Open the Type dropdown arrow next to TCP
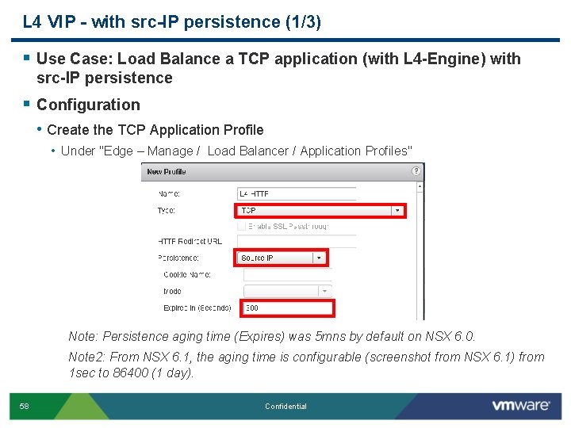coord(397,211)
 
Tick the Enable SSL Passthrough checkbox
coord(242,226)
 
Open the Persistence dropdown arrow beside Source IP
coord(319,258)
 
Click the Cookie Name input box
coord(285,275)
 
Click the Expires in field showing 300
coord(285,308)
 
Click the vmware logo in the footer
coord(520,405)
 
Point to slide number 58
coord(24,407)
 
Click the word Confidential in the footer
coord(285,407)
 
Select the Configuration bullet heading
coord(88,105)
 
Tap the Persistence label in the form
coord(178,258)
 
